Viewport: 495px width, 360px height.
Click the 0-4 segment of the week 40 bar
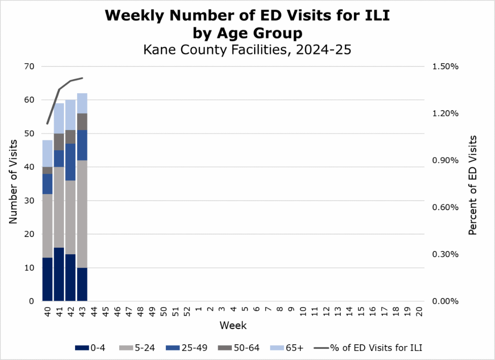(x=47, y=279)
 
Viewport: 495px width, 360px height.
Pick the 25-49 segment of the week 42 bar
(x=71, y=162)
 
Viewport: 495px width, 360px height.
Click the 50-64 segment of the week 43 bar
(x=82, y=121)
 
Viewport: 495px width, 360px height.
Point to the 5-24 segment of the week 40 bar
(x=47, y=226)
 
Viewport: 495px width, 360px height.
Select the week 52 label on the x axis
(x=186, y=312)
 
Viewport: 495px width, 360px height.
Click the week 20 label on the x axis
(x=419, y=312)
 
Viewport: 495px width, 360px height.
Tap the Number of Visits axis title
(x=13, y=182)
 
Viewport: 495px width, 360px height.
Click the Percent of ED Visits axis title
(x=473, y=185)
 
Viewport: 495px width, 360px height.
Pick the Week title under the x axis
(x=233, y=325)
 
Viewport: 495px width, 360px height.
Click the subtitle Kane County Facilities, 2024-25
(x=247, y=50)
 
